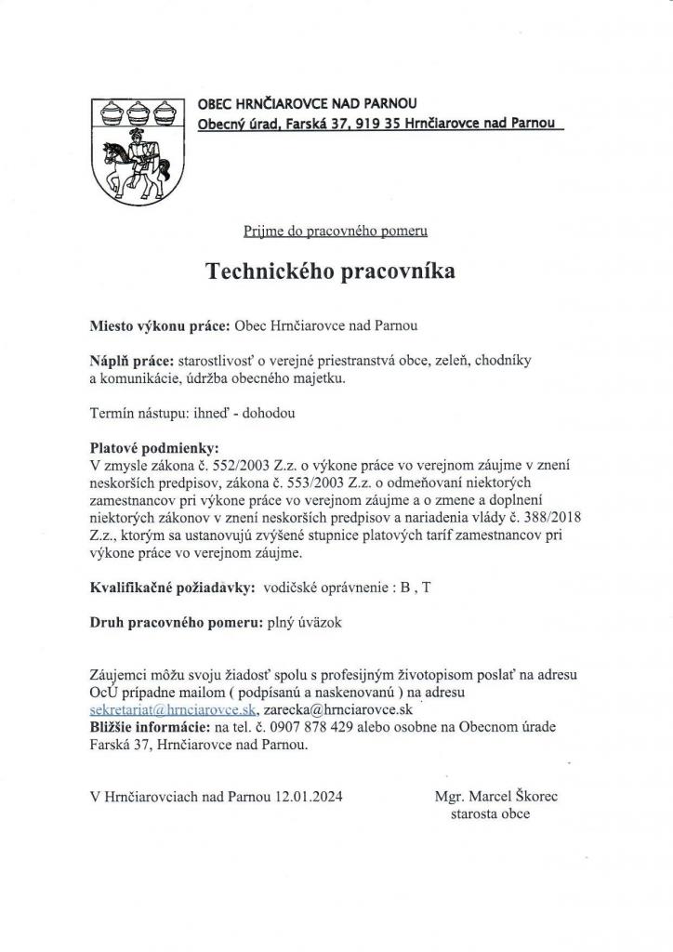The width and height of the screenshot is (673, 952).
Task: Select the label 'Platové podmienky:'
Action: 152,444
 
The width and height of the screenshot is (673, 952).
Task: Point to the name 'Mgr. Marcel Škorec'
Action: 496,797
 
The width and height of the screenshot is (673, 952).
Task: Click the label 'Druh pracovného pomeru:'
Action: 177,623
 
